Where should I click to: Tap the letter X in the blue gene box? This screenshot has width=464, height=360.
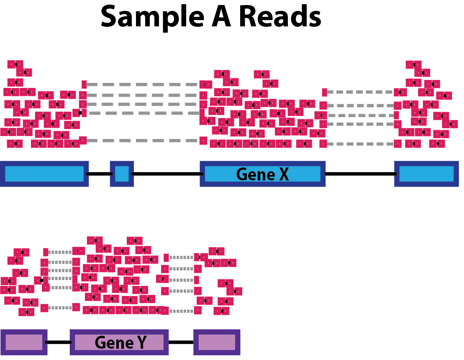pos(284,174)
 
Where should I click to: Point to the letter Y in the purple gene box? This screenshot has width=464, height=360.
pos(142,342)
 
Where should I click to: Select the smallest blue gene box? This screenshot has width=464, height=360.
pos(122,174)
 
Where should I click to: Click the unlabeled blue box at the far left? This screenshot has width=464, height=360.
pos(44,174)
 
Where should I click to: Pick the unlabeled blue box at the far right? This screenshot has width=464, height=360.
pos(426,174)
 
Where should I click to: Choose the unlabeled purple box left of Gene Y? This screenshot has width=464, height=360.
pos(24,342)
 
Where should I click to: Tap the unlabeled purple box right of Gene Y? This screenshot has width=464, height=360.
pos(217,342)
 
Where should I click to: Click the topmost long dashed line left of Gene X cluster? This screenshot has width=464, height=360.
pos(142,85)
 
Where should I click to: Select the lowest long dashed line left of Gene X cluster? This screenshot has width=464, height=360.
pos(142,141)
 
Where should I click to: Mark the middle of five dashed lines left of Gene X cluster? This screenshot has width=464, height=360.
pos(142,104)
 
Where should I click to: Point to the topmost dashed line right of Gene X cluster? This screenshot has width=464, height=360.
pos(360,92)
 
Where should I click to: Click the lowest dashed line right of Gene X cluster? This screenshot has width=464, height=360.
pos(360,144)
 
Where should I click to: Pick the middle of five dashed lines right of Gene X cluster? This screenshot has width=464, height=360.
pos(360,116)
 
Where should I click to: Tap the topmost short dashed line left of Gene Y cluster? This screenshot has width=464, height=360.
pos(60,252)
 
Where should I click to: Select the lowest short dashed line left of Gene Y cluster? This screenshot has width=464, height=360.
pos(60,308)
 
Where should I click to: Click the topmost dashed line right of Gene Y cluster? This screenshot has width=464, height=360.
pos(181,257)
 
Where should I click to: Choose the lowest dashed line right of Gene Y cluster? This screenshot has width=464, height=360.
pos(181,311)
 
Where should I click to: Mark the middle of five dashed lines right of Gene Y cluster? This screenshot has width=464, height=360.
pos(181,280)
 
